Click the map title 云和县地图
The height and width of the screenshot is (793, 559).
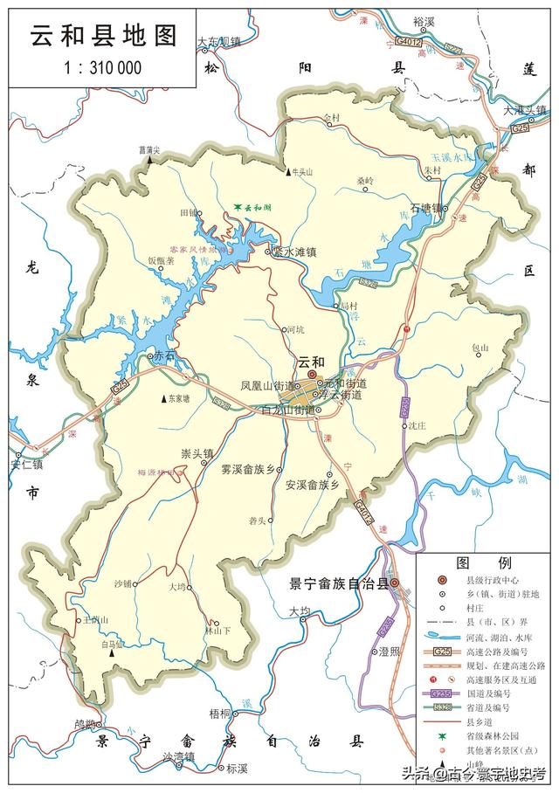click(x=104, y=35)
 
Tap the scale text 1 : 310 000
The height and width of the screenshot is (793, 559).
click(x=104, y=67)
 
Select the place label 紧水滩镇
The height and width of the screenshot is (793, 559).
click(x=293, y=252)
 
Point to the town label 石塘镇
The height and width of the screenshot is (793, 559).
click(x=427, y=209)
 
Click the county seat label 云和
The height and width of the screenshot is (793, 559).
click(x=311, y=362)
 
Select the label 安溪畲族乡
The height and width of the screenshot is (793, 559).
click(x=311, y=484)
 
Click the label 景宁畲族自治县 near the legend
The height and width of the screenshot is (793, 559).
click(x=338, y=583)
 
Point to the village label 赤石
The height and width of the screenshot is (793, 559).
click(x=164, y=355)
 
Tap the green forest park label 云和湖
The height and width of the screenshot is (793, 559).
click(x=252, y=208)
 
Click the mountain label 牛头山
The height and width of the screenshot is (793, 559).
click(x=301, y=172)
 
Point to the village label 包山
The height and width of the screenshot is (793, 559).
click(x=480, y=348)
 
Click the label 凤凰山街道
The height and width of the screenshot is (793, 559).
click(x=266, y=385)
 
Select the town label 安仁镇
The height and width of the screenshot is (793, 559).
click(x=26, y=464)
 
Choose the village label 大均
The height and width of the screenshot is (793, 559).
click(x=300, y=610)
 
